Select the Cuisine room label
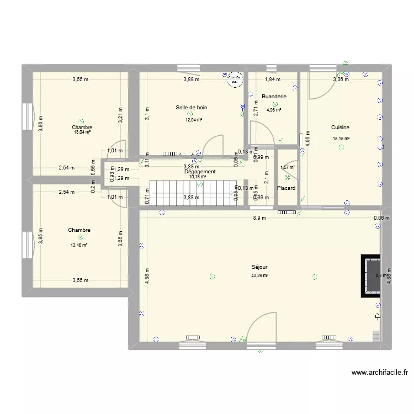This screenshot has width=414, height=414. (x=340, y=128)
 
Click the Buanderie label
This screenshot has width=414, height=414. (x=274, y=96)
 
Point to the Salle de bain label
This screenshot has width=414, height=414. (x=192, y=108)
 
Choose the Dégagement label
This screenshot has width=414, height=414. (x=200, y=172)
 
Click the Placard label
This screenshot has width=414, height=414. (x=286, y=188)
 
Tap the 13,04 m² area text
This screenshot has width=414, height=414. (x=82, y=132)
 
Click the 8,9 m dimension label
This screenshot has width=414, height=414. (x=259, y=218)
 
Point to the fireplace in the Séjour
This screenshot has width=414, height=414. (x=370, y=275)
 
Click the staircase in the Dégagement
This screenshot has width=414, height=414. (x=193, y=192)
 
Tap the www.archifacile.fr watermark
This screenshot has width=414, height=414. (x=379, y=374)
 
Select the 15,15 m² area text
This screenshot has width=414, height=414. (x=340, y=139)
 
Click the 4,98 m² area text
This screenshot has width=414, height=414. (x=274, y=110)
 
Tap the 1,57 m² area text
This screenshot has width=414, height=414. (x=288, y=167)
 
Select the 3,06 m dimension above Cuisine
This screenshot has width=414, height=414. (x=340, y=79)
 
